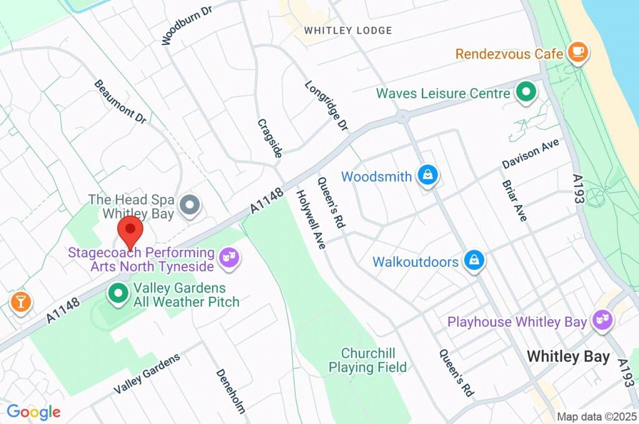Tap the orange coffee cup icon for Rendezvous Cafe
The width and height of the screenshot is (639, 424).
(x=578, y=54)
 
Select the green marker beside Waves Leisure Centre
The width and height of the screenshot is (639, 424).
(x=526, y=94)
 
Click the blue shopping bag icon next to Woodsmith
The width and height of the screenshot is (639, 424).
(x=427, y=176)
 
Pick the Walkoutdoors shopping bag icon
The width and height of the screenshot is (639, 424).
(x=474, y=261)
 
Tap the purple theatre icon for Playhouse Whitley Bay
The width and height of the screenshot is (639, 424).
(x=603, y=321)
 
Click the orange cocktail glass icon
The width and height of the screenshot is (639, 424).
(x=20, y=302)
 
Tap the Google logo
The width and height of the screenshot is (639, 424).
(x=34, y=412)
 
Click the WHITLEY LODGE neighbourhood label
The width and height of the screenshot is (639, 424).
(x=348, y=31)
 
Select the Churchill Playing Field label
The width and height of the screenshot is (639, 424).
(x=368, y=360)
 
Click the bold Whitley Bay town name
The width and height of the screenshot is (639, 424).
(x=568, y=357)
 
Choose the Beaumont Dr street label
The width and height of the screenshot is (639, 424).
(x=120, y=101)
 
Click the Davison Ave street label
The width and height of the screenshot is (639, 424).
(x=530, y=153)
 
